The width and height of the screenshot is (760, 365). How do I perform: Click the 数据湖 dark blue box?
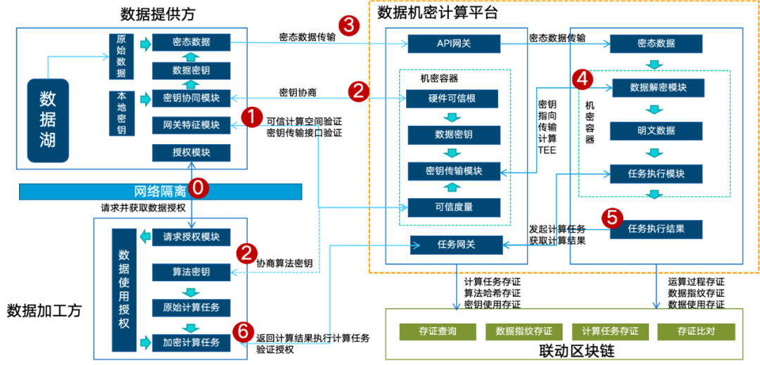pyautogui.click(x=48, y=120)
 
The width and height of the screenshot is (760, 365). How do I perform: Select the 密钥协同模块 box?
pyautogui.click(x=191, y=98)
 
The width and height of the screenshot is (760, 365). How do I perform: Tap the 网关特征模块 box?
pyautogui.click(x=191, y=125)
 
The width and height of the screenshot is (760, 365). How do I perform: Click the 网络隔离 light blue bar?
pyautogui.click(x=160, y=191)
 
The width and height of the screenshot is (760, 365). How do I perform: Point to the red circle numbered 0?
pyautogui.click(x=200, y=188)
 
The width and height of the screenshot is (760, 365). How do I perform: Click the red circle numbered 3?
pyautogui.click(x=348, y=27)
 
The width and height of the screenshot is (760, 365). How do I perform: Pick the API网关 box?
pyautogui.click(x=454, y=44)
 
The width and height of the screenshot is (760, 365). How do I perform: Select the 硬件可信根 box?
pyautogui.click(x=454, y=98)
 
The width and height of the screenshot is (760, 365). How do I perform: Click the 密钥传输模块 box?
pyautogui.click(x=454, y=171)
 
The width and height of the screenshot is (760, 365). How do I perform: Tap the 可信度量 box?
pyautogui.click(x=454, y=207)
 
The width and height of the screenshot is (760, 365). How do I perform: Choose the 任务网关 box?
pyautogui.click(x=457, y=245)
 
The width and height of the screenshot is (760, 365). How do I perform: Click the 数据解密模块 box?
pyautogui.click(x=658, y=88)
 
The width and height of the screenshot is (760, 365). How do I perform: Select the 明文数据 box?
pyautogui.click(x=656, y=131)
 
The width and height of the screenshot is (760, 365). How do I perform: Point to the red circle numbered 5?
pyautogui.click(x=612, y=218)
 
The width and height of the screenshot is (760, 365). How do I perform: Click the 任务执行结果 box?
pyautogui.click(x=656, y=229)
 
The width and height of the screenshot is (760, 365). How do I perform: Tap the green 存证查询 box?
pyautogui.click(x=438, y=331)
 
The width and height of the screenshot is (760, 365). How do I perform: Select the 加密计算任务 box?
pyautogui.click(x=191, y=343)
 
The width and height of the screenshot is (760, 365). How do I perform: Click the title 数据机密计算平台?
pyautogui.click(x=438, y=12)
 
